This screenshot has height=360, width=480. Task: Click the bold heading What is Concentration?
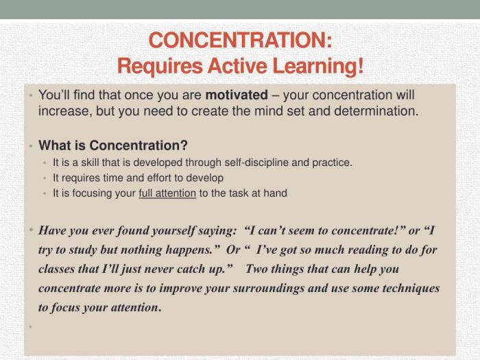(x=113, y=145)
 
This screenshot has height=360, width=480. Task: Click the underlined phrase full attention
(x=167, y=193)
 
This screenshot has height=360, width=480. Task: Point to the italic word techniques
(x=409, y=288)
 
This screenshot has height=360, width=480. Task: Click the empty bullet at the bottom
(x=31, y=326)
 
